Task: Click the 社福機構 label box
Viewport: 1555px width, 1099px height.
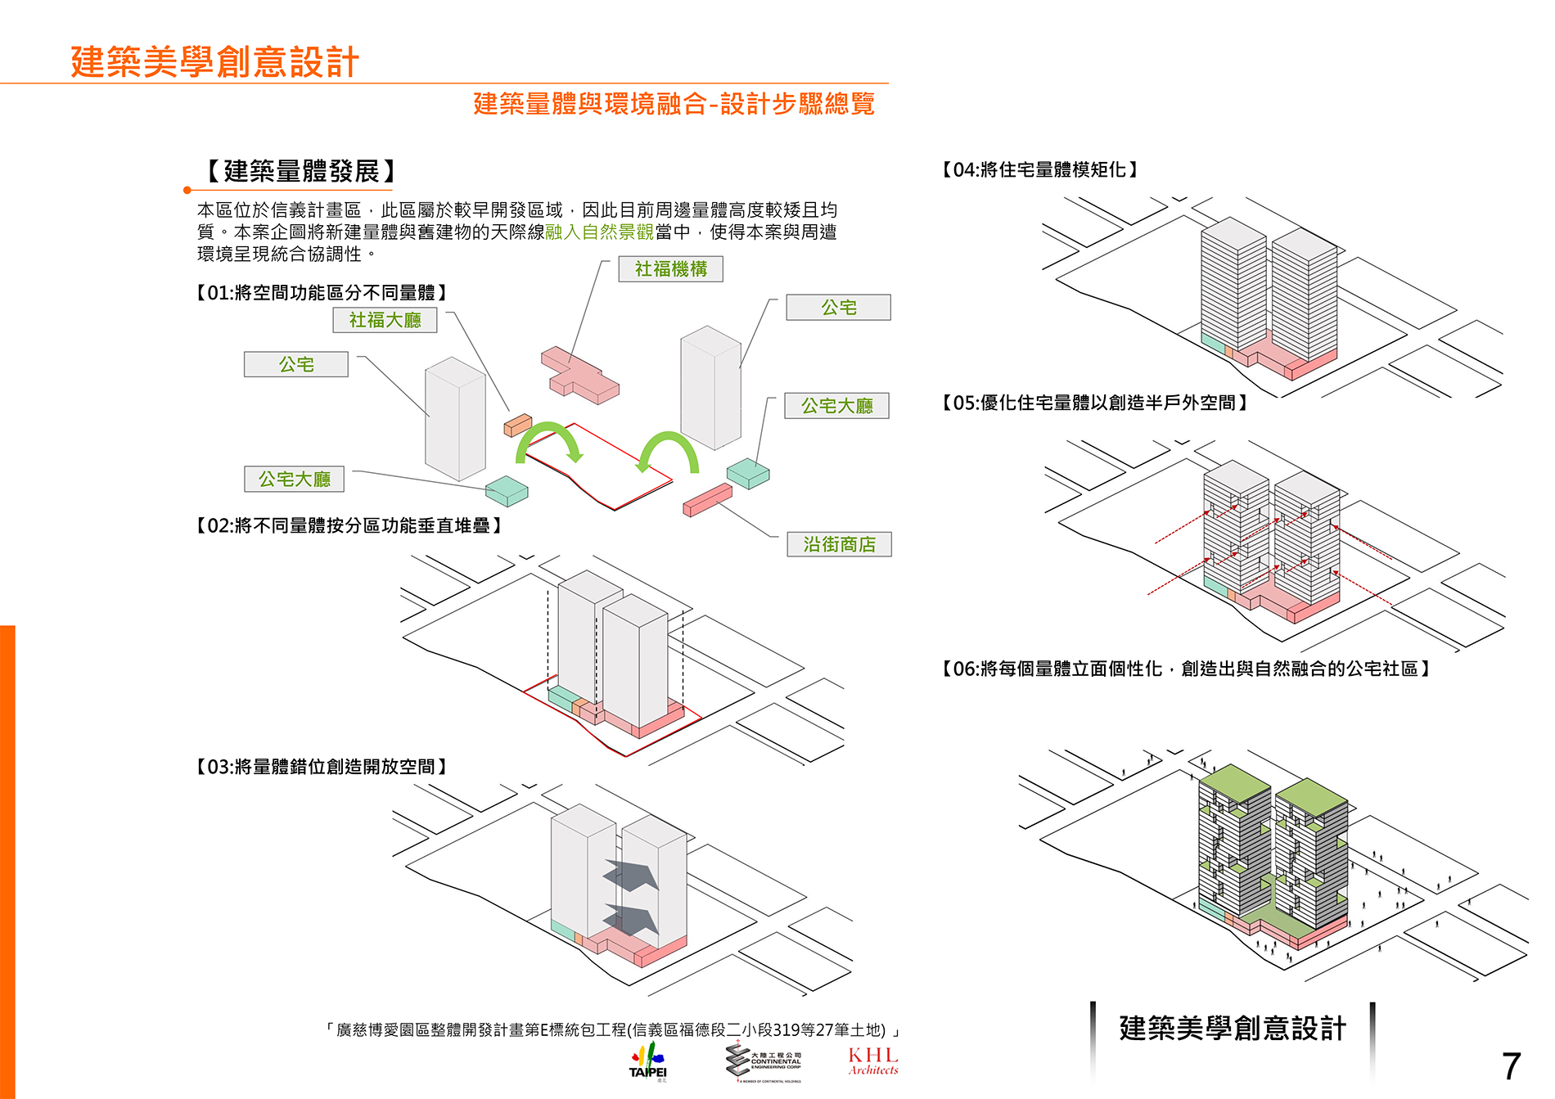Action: pyautogui.click(x=670, y=269)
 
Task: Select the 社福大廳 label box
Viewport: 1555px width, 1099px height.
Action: pyautogui.click(x=385, y=320)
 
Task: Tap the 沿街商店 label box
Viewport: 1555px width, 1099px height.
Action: pyautogui.click(x=839, y=544)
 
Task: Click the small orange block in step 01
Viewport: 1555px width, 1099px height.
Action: pyautogui.click(x=517, y=425)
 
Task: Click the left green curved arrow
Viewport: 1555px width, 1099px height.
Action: pyautogui.click(x=548, y=442)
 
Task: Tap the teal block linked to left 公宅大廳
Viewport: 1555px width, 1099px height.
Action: pyautogui.click(x=507, y=490)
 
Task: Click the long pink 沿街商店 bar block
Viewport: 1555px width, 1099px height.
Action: pyautogui.click(x=707, y=499)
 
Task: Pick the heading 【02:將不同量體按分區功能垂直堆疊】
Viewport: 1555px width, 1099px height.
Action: pyautogui.click(x=349, y=525)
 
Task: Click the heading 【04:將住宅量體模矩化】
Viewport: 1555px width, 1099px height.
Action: pyautogui.click(x=1039, y=169)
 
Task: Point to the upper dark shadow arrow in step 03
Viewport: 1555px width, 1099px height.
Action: pyautogui.click(x=632, y=875)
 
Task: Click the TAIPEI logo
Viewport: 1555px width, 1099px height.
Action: pyautogui.click(x=648, y=1061)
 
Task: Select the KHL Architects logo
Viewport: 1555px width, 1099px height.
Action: pyautogui.click(x=873, y=1061)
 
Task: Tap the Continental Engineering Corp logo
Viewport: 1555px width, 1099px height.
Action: pyautogui.click(x=764, y=1061)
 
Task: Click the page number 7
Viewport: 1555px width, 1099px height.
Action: pyautogui.click(x=1511, y=1066)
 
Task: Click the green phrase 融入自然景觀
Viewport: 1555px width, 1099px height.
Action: pyautogui.click(x=600, y=232)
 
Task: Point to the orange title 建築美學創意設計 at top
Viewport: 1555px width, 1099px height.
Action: pyautogui.click(x=214, y=62)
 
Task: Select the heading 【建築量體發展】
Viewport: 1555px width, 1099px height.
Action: pyautogui.click(x=301, y=171)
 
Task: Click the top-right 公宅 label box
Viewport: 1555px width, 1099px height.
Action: pyautogui.click(x=838, y=308)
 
